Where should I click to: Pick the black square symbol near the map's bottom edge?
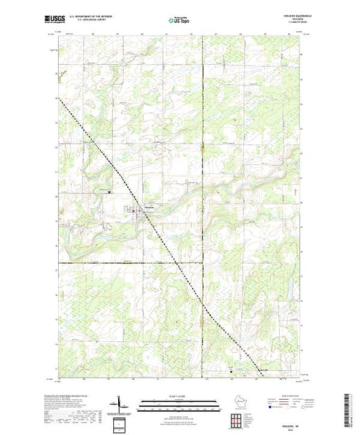(x=231, y=370)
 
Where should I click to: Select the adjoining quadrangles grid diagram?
(x=238, y=420)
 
